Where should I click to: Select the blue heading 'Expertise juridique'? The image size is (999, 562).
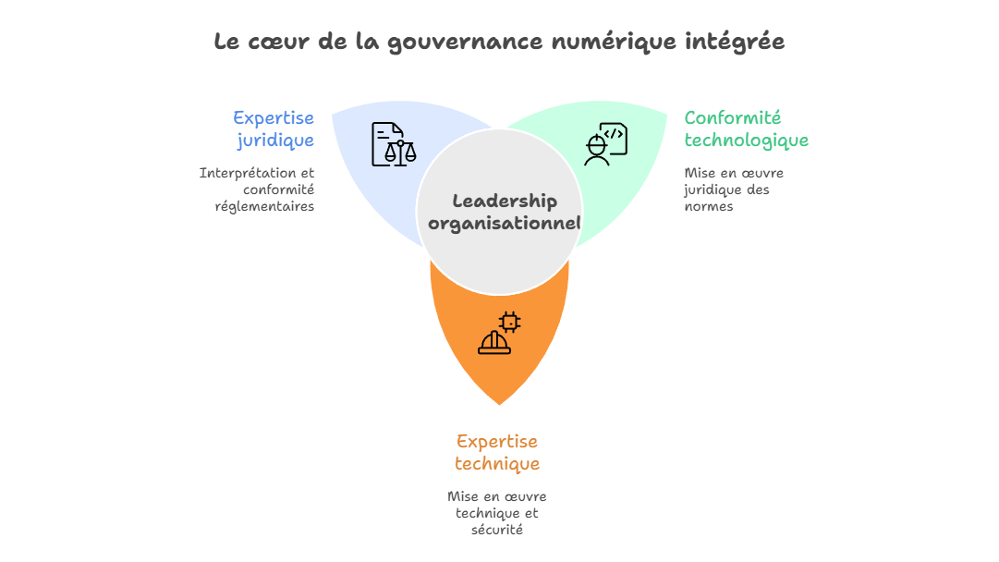[274, 129]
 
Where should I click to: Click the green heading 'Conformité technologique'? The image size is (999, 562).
[746, 129]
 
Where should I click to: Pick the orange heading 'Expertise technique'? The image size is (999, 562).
[497, 452]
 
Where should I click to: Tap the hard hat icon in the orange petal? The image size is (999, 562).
[493, 343]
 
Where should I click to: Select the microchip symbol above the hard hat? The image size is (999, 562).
[509, 321]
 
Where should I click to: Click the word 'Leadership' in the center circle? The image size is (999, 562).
[505, 201]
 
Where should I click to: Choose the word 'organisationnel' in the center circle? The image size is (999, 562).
[504, 223]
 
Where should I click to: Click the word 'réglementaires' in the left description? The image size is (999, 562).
[264, 206]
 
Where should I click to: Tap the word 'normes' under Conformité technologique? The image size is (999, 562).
[709, 206]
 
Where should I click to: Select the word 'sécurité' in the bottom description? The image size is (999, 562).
[497, 530]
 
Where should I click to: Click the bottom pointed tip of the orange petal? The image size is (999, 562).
[499, 404]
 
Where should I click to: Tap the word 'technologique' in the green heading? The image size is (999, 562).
[746, 140]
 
